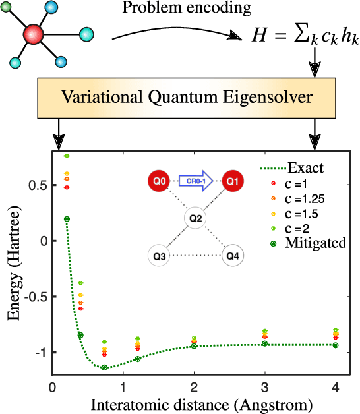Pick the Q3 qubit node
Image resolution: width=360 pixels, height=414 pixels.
point(158,254)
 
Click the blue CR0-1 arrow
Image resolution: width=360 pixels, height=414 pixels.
point(195,179)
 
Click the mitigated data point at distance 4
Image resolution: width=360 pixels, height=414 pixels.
point(335,345)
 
